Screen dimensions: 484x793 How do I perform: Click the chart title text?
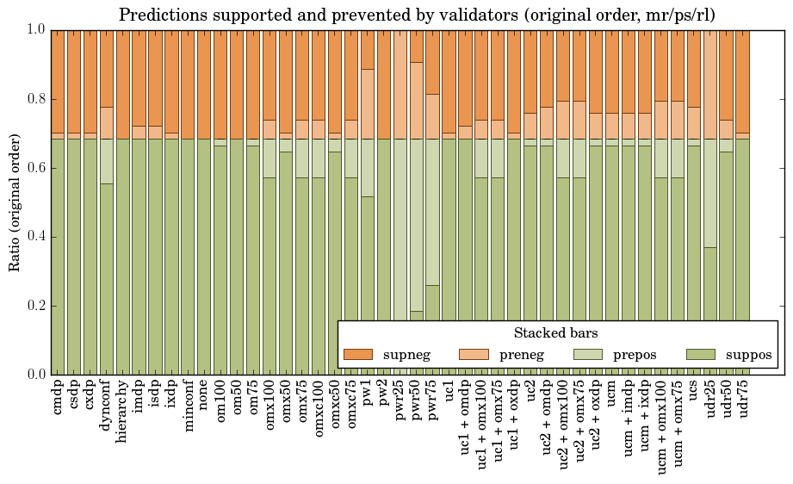(416, 16)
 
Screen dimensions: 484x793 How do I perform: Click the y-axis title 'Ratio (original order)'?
(14, 202)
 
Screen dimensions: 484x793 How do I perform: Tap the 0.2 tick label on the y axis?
(35, 306)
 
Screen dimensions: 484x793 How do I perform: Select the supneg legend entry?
(386, 355)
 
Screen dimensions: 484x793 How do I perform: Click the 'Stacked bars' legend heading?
(556, 333)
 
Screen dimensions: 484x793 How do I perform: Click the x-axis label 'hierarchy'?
(123, 410)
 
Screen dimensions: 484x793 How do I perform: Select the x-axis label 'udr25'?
(710, 402)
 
